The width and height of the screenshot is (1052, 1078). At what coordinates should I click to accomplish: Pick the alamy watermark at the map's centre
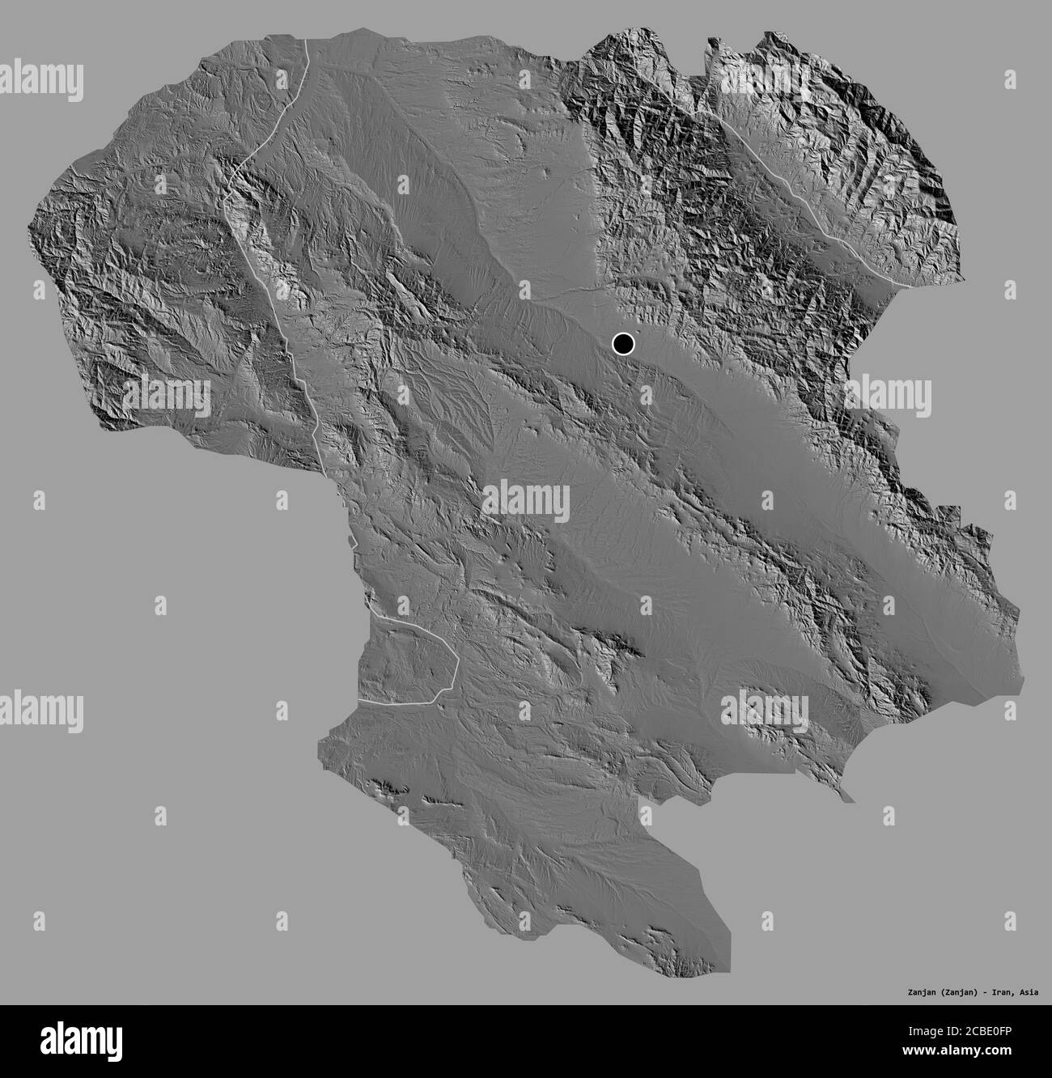coord(526,498)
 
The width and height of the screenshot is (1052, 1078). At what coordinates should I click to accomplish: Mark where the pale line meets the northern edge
coord(308,39)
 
